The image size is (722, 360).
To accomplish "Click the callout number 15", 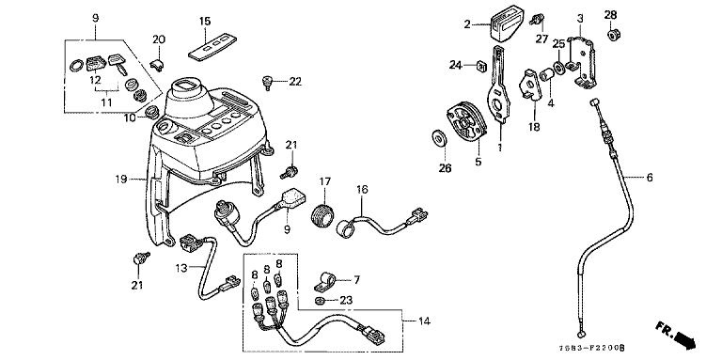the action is coord(205,22).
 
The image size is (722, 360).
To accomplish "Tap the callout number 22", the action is coord(295,82).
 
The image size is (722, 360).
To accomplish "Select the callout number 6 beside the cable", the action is coord(650,178).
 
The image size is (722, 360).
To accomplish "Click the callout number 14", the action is coord(424,321).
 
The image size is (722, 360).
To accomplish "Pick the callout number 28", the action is coord(610,15).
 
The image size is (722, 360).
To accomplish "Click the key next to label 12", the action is coord(118,64).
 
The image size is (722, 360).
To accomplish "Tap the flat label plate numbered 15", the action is coord(209,47).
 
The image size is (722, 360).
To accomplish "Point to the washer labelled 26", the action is coord(440,138).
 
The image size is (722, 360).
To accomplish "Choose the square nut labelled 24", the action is coord(480,67).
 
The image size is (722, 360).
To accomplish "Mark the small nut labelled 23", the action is coord(319,301).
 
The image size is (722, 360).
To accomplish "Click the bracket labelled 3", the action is coord(581,62).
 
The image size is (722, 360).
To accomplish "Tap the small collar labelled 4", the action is coord(546,74).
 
